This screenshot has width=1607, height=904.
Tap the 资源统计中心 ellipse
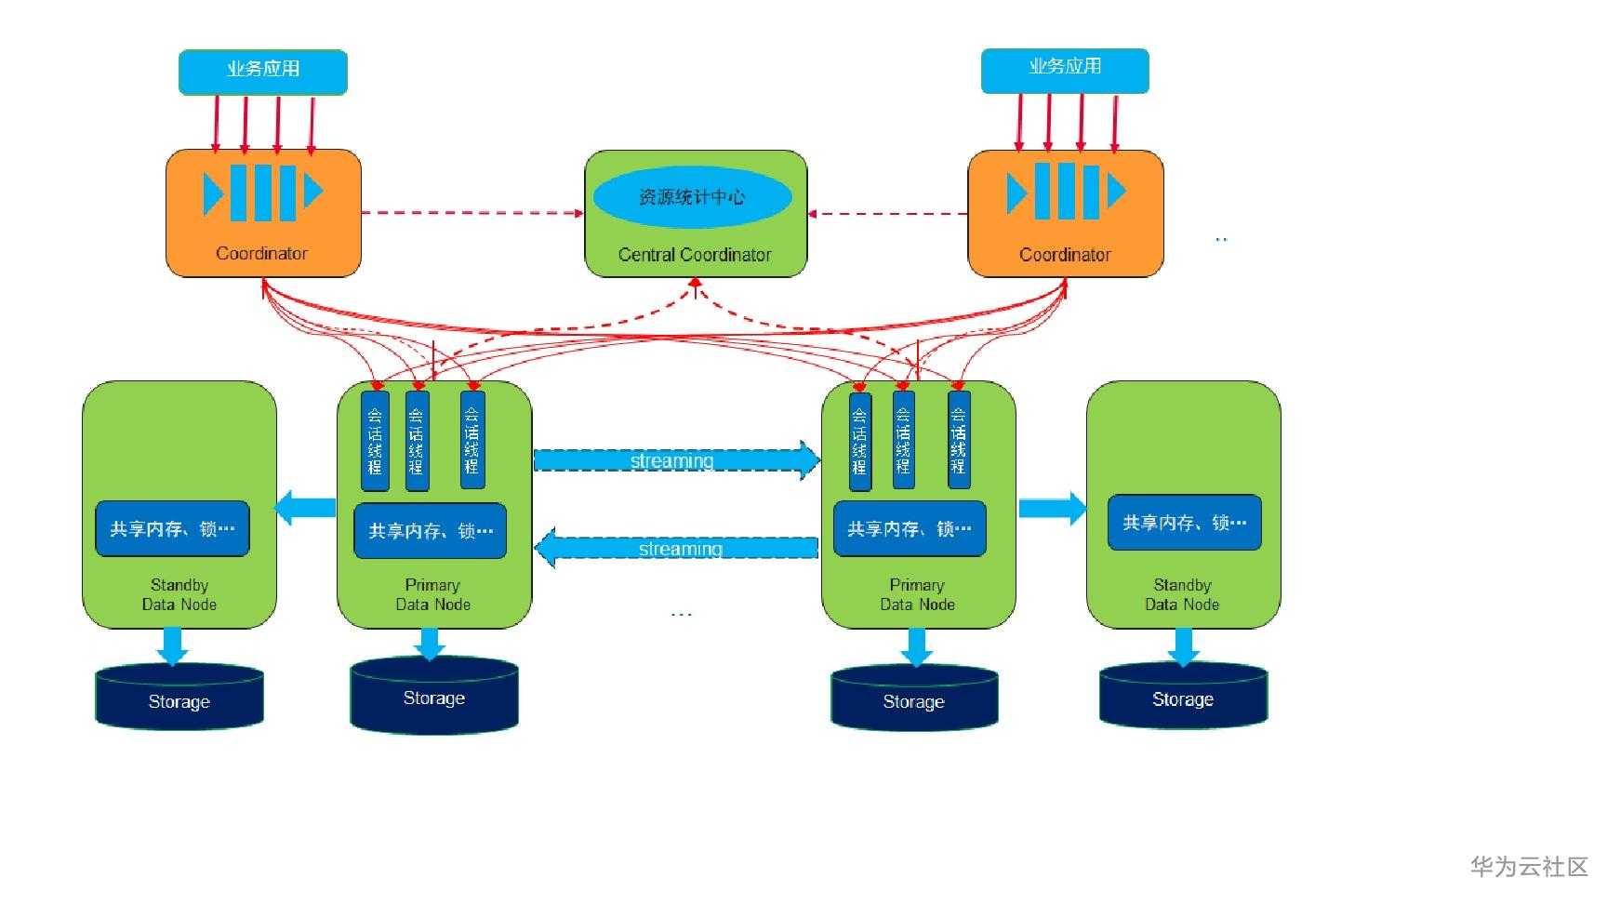(692, 197)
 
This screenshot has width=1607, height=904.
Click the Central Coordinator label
(695, 255)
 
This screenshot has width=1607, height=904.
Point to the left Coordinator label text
(261, 253)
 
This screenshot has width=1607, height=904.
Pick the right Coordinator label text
(1065, 255)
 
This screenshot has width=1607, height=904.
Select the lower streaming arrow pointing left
(678, 549)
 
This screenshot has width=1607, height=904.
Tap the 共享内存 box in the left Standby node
(172, 528)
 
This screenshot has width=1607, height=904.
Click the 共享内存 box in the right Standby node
(1184, 523)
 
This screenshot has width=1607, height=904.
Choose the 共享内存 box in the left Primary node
(431, 530)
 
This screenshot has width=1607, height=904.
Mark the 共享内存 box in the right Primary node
(909, 528)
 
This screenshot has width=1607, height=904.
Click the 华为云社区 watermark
(1529, 867)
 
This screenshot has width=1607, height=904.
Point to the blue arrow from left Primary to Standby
(306, 508)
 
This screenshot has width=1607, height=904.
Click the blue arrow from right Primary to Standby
(1052, 508)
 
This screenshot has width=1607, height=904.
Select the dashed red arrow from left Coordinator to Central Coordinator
(471, 213)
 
